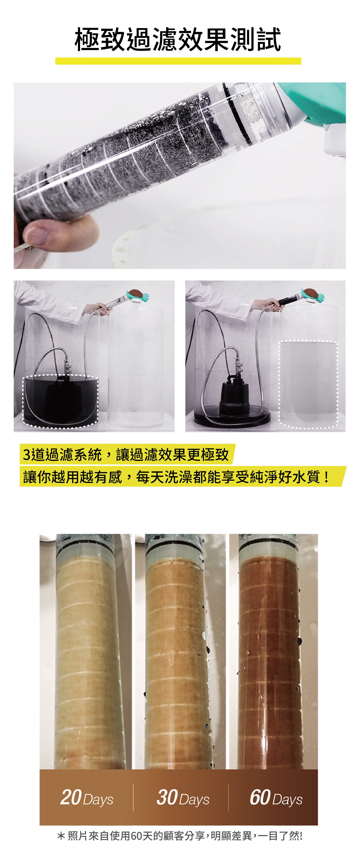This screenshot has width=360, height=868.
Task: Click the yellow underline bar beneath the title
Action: pyautogui.click(x=178, y=61)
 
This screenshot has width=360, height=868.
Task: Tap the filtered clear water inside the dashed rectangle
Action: pyautogui.click(x=308, y=384)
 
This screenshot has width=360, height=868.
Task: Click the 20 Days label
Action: pyautogui.click(x=87, y=798)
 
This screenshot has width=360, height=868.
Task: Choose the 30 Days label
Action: pyautogui.click(x=183, y=798)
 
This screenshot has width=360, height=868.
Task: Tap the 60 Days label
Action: pyautogui.click(x=276, y=798)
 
